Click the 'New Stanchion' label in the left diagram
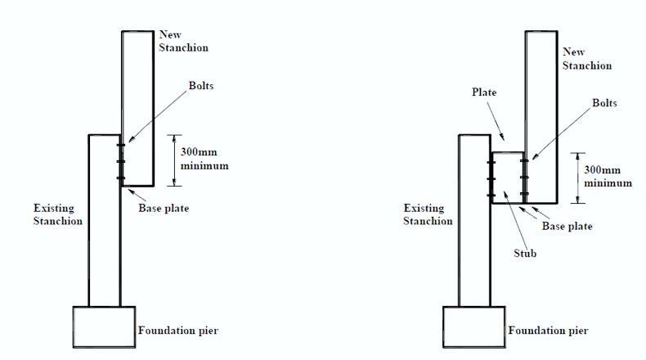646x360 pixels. click(183, 41)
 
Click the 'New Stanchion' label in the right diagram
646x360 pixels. click(585, 58)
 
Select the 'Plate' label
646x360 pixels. click(484, 92)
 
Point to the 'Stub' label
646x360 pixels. click(525, 254)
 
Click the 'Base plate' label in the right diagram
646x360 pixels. click(567, 226)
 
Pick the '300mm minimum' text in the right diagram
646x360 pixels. click(608, 177)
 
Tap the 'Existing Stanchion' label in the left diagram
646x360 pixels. click(57, 214)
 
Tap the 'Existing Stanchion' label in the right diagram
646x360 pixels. click(428, 214)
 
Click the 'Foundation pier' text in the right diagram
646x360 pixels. click(548, 331)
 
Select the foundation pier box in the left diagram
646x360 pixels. click(104, 328)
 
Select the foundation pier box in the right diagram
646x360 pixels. click(473, 328)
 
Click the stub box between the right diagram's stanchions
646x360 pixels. click(507, 177)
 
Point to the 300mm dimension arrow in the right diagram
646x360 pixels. click(578, 178)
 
